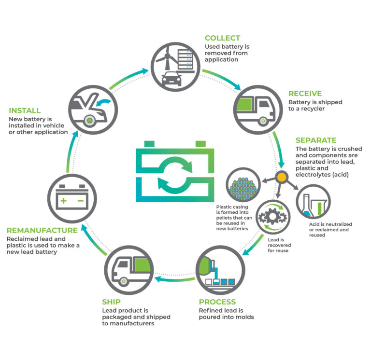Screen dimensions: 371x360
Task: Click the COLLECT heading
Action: click(222, 38)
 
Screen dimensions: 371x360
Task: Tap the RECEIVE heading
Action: click(305, 94)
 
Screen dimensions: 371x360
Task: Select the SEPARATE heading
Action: click(316, 140)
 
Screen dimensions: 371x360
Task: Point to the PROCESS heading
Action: click(217, 302)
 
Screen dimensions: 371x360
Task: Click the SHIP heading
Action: click(111, 302)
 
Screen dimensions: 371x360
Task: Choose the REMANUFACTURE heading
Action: click(42, 230)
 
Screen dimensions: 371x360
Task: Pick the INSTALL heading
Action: click(25, 111)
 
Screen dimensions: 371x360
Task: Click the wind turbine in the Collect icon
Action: click(167, 58)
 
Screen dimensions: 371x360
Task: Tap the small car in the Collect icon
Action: click(171, 79)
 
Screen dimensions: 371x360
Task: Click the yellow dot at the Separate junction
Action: click(282, 177)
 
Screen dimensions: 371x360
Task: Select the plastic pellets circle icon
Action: click(243, 185)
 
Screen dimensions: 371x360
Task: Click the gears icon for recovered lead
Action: click(273, 217)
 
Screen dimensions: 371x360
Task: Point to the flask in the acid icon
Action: click(306, 206)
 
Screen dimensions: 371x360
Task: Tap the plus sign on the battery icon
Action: click(63, 201)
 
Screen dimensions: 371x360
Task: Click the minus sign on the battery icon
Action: click(81, 201)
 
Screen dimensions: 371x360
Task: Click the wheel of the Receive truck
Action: click(263, 121)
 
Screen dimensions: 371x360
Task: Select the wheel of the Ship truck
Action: click(123, 281)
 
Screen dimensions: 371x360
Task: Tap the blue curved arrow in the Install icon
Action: click(103, 102)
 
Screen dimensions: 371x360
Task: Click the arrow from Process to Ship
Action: click(175, 279)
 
